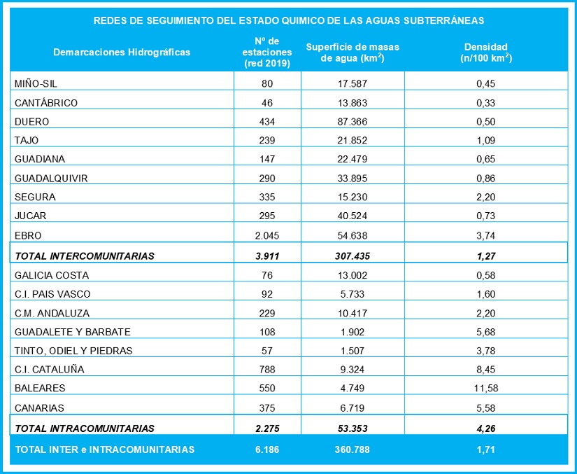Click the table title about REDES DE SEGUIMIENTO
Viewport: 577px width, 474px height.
coord(288,20)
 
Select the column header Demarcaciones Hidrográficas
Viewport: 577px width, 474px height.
coord(122,52)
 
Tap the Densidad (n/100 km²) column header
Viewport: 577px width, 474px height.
coord(486,53)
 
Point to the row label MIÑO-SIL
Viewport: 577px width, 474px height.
coord(35,84)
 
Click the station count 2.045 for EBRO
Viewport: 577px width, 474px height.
coord(267,235)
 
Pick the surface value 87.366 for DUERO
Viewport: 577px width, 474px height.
coord(352,122)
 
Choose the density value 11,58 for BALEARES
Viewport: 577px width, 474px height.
coord(486,387)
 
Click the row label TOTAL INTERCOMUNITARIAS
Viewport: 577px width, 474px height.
coord(84,256)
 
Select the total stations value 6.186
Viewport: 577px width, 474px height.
coord(267,449)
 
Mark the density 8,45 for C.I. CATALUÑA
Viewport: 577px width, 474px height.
coord(486,368)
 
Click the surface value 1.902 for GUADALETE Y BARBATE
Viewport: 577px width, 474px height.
coord(352,331)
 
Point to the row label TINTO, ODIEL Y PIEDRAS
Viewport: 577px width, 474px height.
coord(73,350)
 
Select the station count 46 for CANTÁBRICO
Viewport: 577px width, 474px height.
coord(267,103)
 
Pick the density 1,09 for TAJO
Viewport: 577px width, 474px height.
coord(486,141)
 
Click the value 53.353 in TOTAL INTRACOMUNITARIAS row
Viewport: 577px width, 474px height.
coord(352,428)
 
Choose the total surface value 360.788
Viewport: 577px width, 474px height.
coord(352,449)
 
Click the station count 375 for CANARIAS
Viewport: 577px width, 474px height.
coord(267,407)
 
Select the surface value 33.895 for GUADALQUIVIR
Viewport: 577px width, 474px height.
coord(352,179)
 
